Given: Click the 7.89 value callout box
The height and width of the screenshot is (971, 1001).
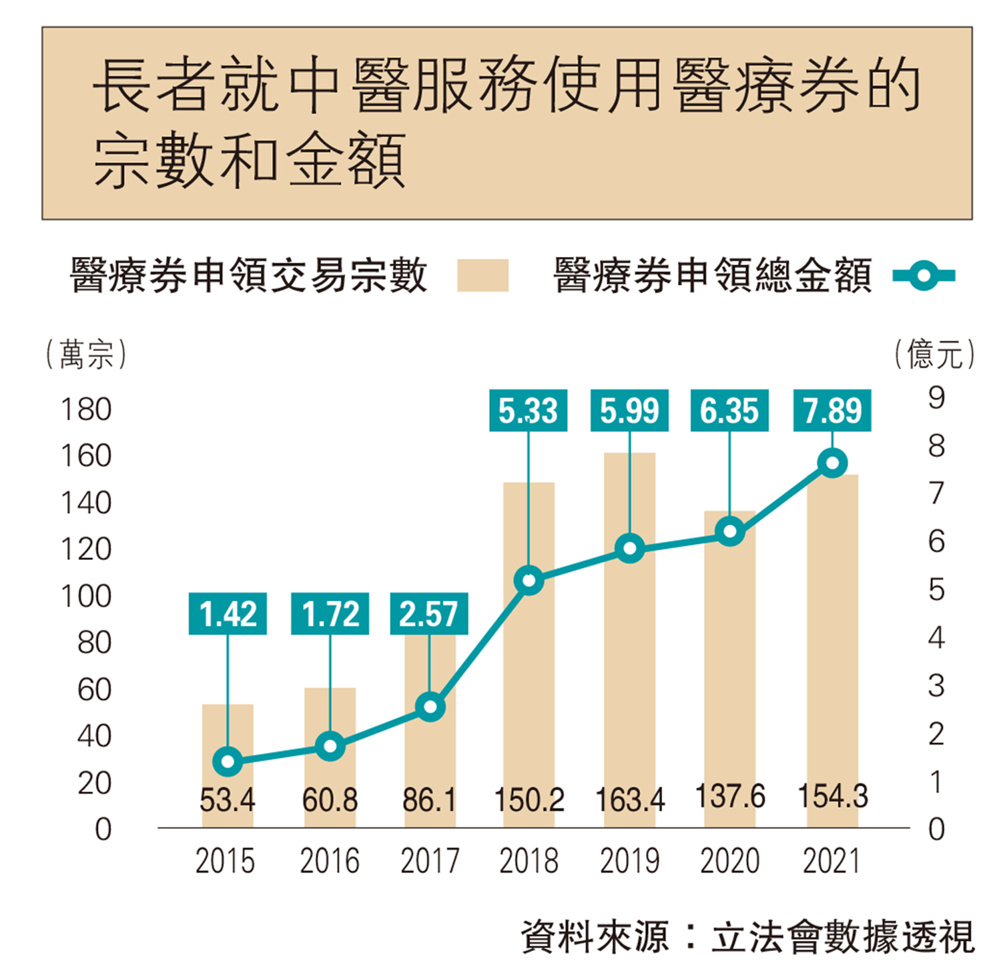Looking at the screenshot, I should [832, 410].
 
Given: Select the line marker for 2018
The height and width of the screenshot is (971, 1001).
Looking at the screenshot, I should [529, 581].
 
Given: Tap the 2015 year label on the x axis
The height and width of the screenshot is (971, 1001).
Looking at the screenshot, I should [226, 861].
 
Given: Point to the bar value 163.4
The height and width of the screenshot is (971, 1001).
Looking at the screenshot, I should [630, 799].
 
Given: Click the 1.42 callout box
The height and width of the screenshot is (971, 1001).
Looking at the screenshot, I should [228, 613].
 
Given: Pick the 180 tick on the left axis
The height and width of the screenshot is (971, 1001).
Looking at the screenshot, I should [86, 409].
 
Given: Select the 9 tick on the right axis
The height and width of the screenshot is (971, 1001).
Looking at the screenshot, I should [936, 398].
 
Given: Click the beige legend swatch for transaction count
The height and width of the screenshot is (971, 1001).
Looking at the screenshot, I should [482, 275].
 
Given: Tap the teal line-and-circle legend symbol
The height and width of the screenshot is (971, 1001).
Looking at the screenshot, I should [924, 275].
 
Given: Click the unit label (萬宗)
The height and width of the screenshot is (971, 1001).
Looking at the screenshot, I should [86, 354].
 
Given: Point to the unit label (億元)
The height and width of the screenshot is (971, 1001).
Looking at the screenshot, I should [934, 354].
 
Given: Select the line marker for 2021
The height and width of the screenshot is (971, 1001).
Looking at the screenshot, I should [832, 463].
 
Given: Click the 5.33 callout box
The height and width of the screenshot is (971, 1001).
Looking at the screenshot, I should [528, 410].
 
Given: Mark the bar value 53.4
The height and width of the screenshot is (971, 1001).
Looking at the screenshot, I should [228, 799].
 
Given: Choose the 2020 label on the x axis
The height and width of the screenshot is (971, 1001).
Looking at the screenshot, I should [729, 861].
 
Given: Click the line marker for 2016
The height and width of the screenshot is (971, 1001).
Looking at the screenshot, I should [330, 746].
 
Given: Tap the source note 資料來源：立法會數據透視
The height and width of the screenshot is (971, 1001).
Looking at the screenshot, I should [747, 937].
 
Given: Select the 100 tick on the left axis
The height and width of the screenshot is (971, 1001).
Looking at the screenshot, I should [86, 596].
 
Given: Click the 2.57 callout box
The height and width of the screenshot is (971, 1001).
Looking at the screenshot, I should [428, 613].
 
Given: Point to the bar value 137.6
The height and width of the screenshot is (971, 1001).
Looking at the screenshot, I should [730, 796].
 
